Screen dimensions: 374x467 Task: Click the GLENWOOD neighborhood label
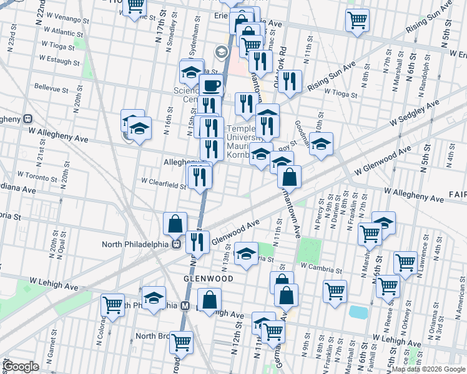point(208,278)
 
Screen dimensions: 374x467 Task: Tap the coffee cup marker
point(212,85)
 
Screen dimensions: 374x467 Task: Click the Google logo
point(22,367)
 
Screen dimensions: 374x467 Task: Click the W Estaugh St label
point(60,58)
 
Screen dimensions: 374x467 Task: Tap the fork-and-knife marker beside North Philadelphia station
point(198,241)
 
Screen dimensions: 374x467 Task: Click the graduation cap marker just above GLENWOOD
point(247,253)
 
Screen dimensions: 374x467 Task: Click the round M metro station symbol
point(185,306)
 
